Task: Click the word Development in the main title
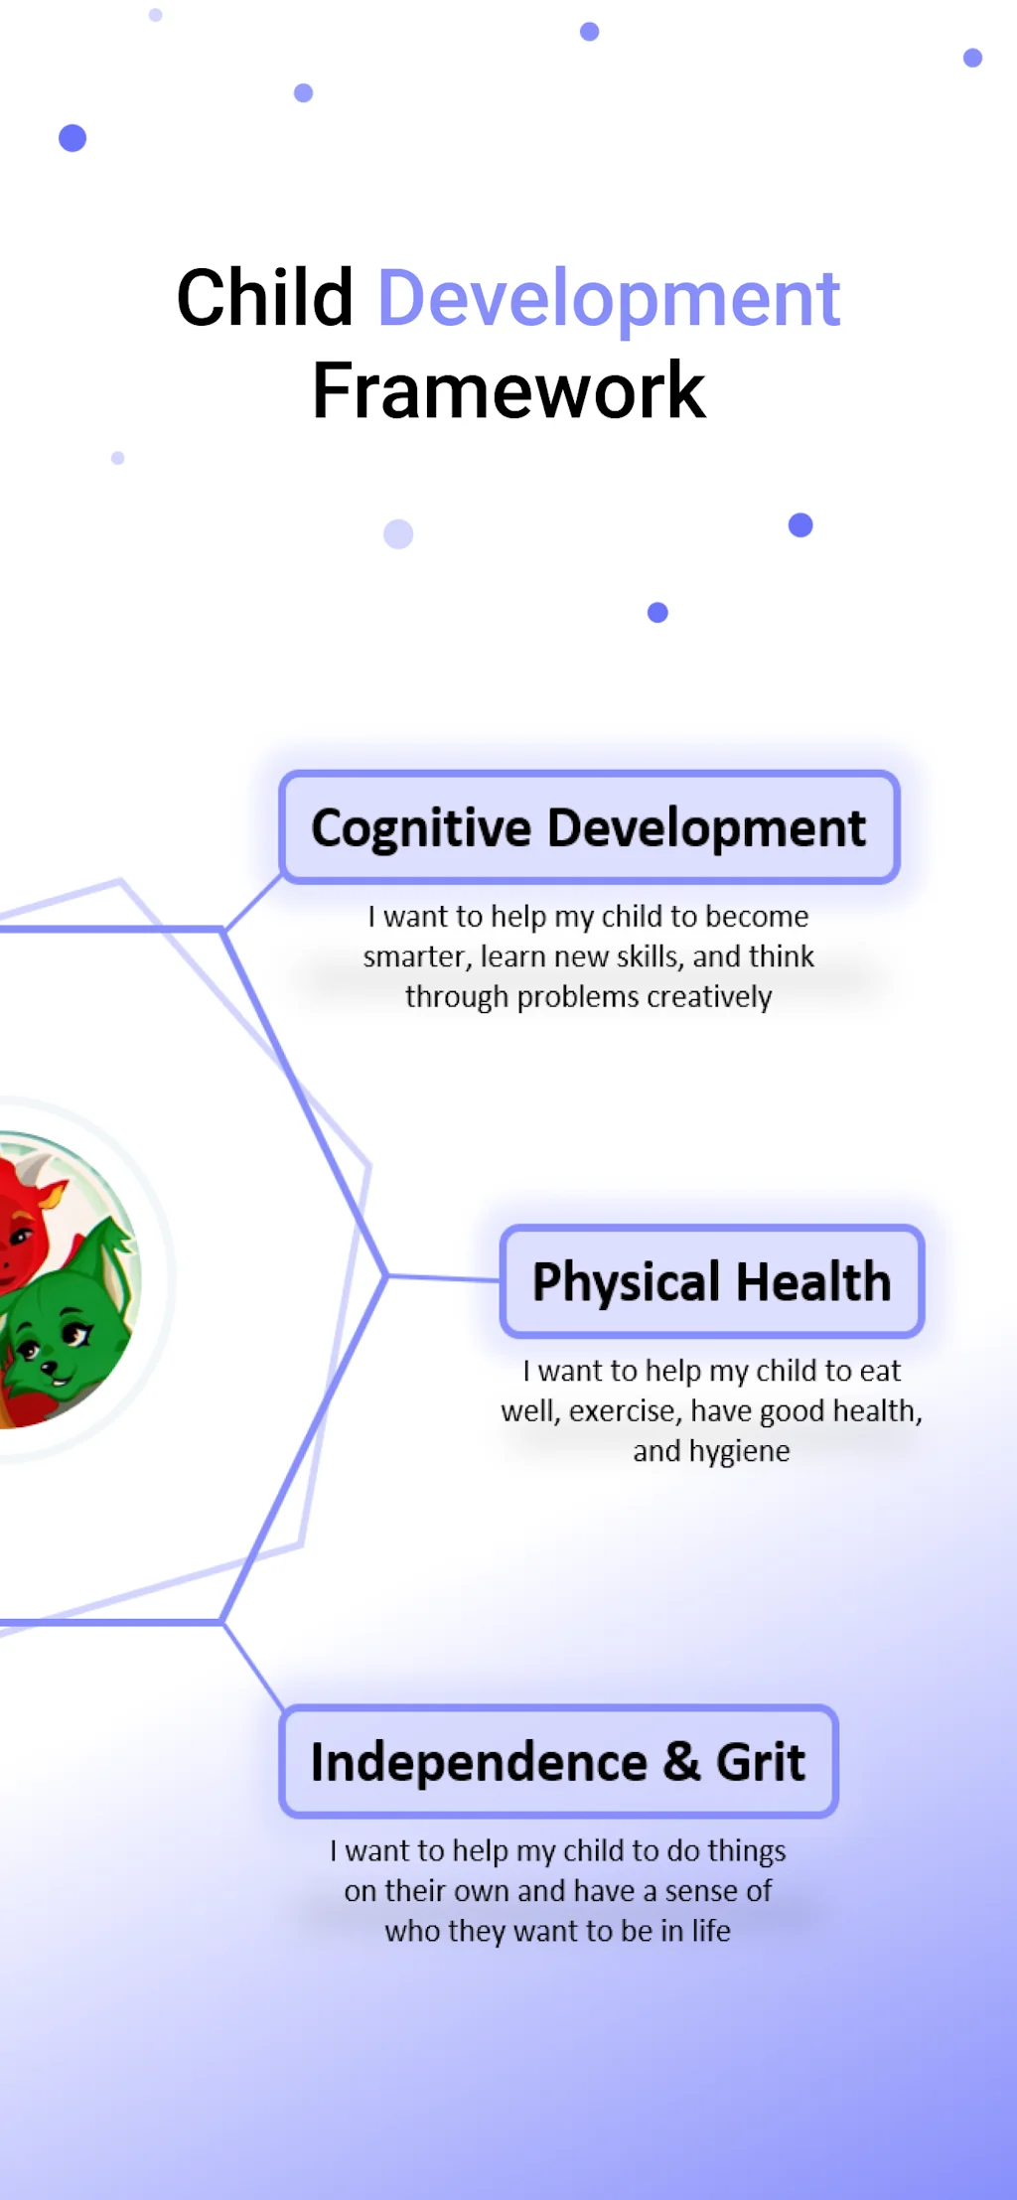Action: (609, 300)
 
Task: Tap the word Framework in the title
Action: (508, 390)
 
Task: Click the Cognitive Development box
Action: (590, 827)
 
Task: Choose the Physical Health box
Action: (712, 1281)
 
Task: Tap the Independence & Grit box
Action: (559, 1762)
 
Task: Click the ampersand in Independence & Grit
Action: (681, 1763)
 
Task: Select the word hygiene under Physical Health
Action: (739, 1452)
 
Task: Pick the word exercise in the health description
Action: (626, 1411)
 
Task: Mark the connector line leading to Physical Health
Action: (443, 1277)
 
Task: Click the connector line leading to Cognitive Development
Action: (253, 903)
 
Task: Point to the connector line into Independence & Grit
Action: (253, 1666)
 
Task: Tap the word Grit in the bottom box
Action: (761, 1763)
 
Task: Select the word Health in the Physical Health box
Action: (813, 1281)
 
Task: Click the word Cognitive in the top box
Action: (422, 828)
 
